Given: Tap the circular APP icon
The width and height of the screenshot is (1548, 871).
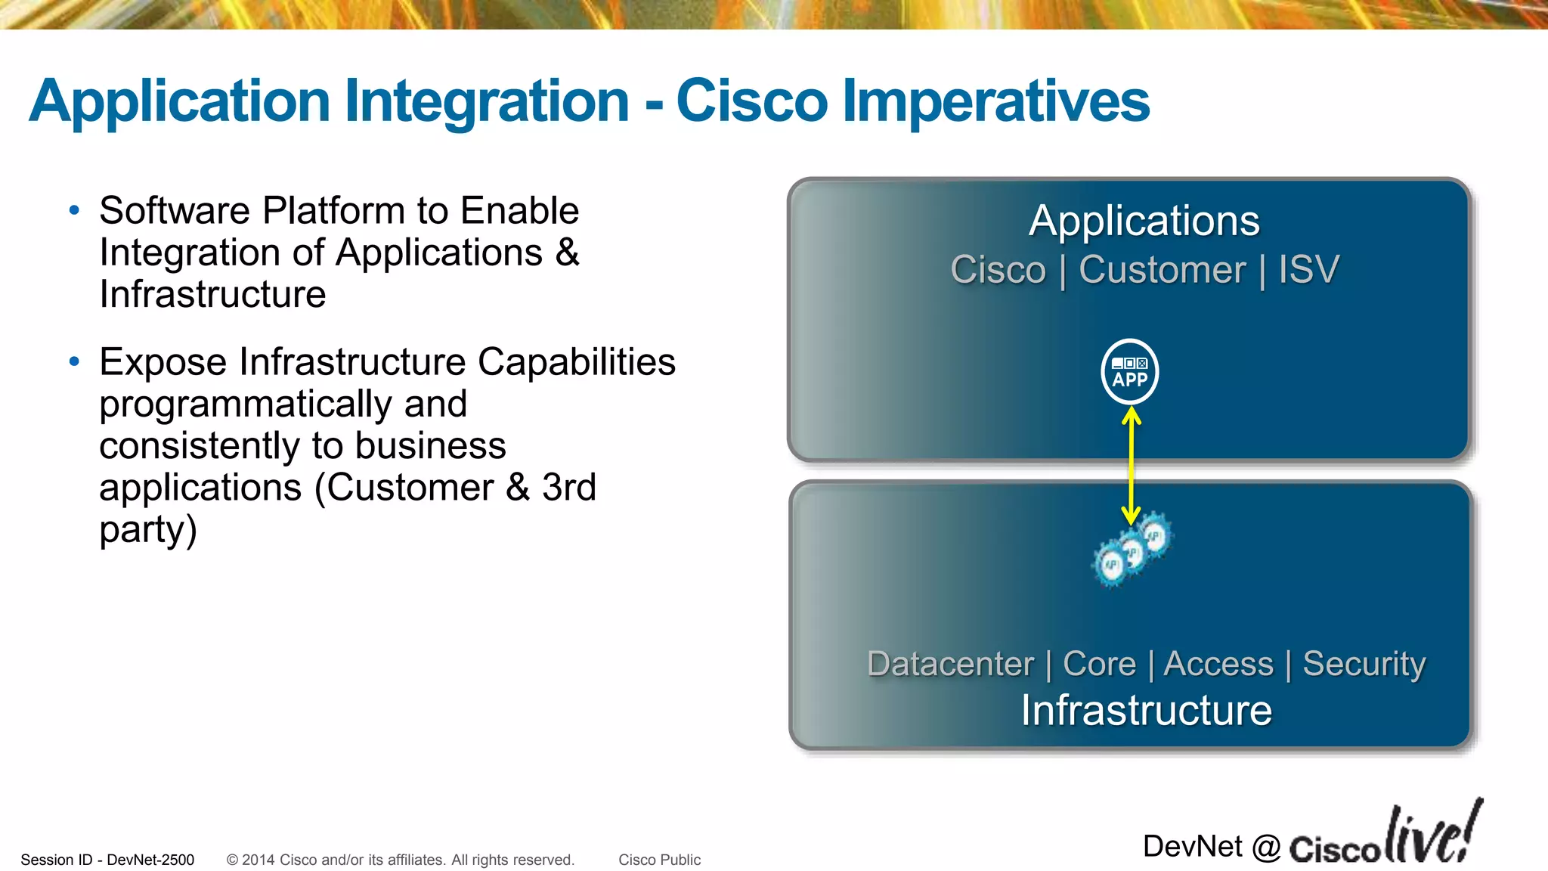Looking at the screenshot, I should [1129, 371].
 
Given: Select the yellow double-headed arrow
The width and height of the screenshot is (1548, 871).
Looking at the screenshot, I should [1131, 465].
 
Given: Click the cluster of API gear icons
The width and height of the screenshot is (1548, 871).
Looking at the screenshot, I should [1132, 550].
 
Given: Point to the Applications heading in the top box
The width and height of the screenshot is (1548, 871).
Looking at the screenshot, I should [1144, 221].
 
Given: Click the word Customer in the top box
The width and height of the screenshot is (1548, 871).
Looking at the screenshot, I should [1162, 270].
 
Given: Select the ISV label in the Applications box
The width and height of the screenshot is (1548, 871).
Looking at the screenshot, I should [1308, 270].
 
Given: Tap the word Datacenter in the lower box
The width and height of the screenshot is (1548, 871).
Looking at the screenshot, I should [950, 664].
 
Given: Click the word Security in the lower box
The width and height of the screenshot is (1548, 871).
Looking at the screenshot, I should [1364, 664].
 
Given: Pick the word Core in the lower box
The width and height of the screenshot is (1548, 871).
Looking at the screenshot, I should [1099, 664].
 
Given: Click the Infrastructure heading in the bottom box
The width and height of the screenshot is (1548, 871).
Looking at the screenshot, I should [1146, 711].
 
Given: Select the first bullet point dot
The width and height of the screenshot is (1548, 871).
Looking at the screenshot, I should [74, 211].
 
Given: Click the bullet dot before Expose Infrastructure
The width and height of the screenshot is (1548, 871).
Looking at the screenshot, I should [74, 362].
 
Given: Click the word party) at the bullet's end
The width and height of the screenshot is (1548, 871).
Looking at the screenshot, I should [148, 530].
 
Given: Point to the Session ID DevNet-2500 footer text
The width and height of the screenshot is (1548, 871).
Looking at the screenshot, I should [107, 860].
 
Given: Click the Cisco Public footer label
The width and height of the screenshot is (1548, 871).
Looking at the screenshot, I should [659, 860].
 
